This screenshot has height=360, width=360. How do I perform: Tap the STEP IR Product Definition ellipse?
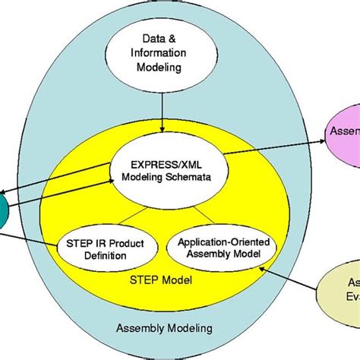[x=107, y=248]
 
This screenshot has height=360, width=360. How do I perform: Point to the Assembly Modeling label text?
[x=164, y=329]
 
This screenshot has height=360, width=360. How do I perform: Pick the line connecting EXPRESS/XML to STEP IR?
[x=129, y=216]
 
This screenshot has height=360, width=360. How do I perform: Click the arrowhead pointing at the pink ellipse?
[x=323, y=139]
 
